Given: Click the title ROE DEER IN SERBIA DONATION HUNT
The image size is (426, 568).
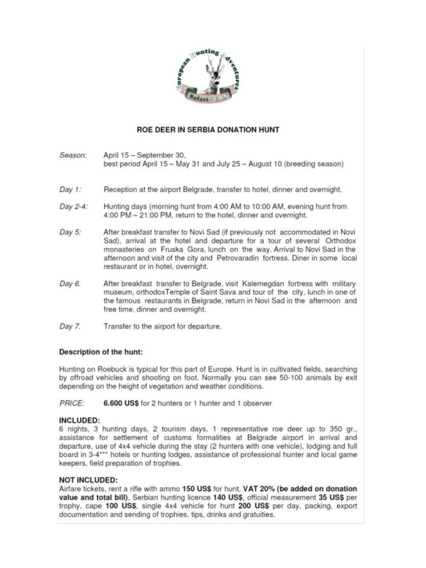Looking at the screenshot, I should pyautogui.click(x=208, y=128).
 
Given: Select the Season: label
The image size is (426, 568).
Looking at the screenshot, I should pyautogui.click(x=73, y=155).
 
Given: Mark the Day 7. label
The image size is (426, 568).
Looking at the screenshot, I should pyautogui.click(x=70, y=326).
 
